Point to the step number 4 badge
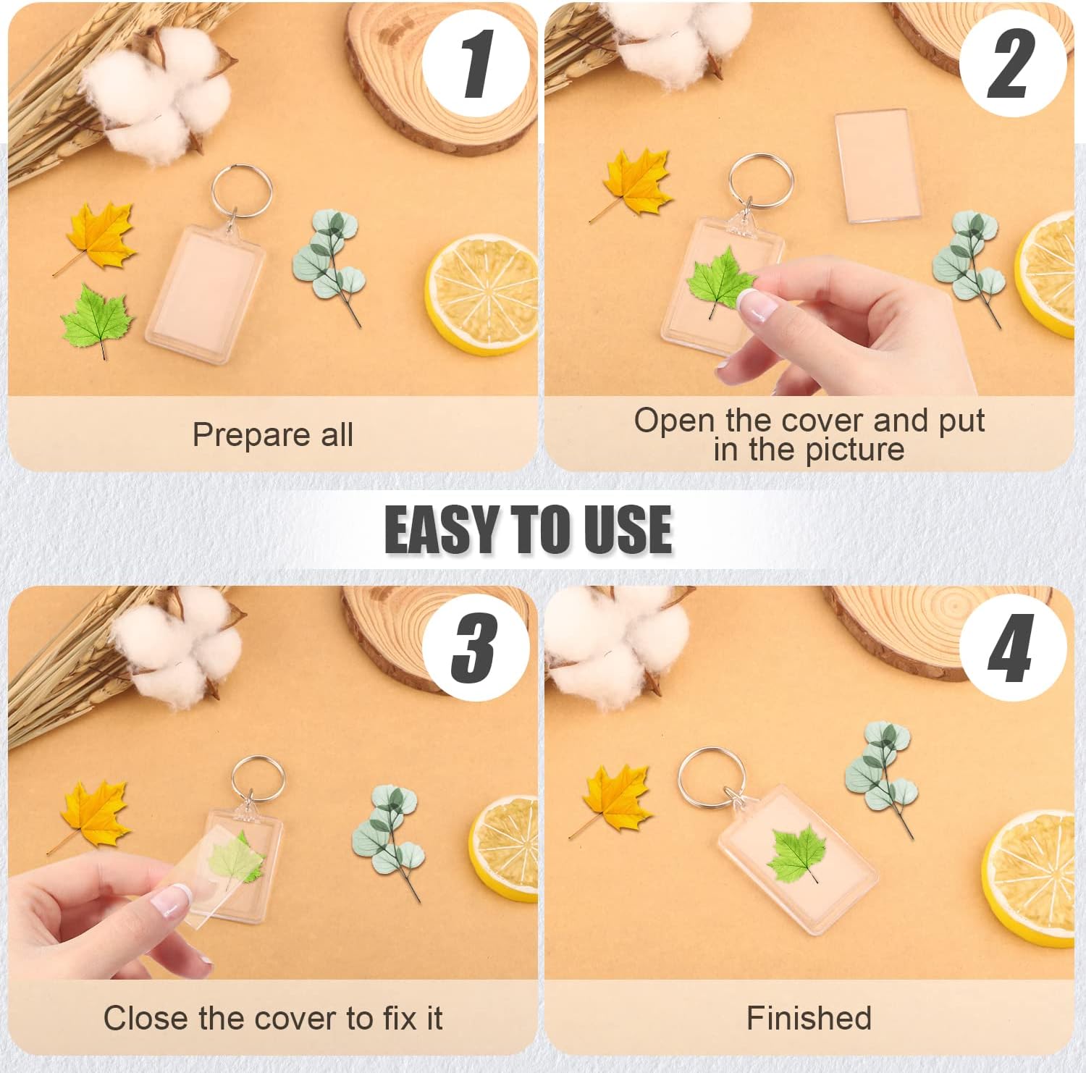point(1012,647)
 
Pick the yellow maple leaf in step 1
point(98,237)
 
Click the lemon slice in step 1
point(481,294)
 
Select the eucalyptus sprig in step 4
point(881,778)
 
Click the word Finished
point(809,1018)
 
